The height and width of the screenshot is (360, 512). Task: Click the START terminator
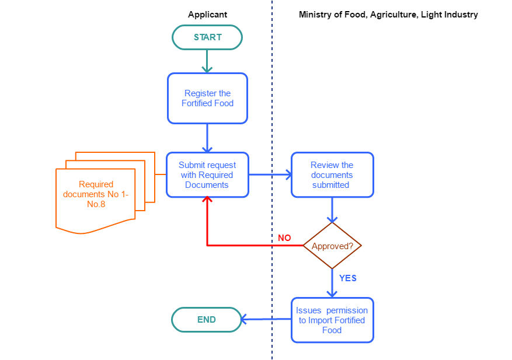point(207,37)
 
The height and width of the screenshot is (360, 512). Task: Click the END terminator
point(206,320)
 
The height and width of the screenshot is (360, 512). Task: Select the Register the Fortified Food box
point(207,98)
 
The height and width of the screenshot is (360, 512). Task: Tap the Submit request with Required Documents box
point(207,174)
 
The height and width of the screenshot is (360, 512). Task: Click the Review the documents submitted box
point(332,174)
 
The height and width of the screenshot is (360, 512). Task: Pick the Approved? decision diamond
point(332,246)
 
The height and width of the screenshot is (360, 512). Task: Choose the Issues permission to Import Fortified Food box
point(332,320)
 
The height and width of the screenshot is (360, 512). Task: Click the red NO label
point(284,238)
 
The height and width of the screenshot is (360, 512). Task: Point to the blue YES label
point(348,278)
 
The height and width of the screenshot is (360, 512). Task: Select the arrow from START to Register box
point(207,61)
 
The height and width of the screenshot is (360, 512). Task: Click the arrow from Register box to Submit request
point(207,138)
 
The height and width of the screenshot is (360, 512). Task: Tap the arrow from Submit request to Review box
point(270,174)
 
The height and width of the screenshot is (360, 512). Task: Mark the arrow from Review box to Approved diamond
point(332,210)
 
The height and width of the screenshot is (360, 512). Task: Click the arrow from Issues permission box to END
point(266,320)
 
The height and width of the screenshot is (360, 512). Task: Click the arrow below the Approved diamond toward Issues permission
point(332,284)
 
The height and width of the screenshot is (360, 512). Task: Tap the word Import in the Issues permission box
point(320,320)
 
